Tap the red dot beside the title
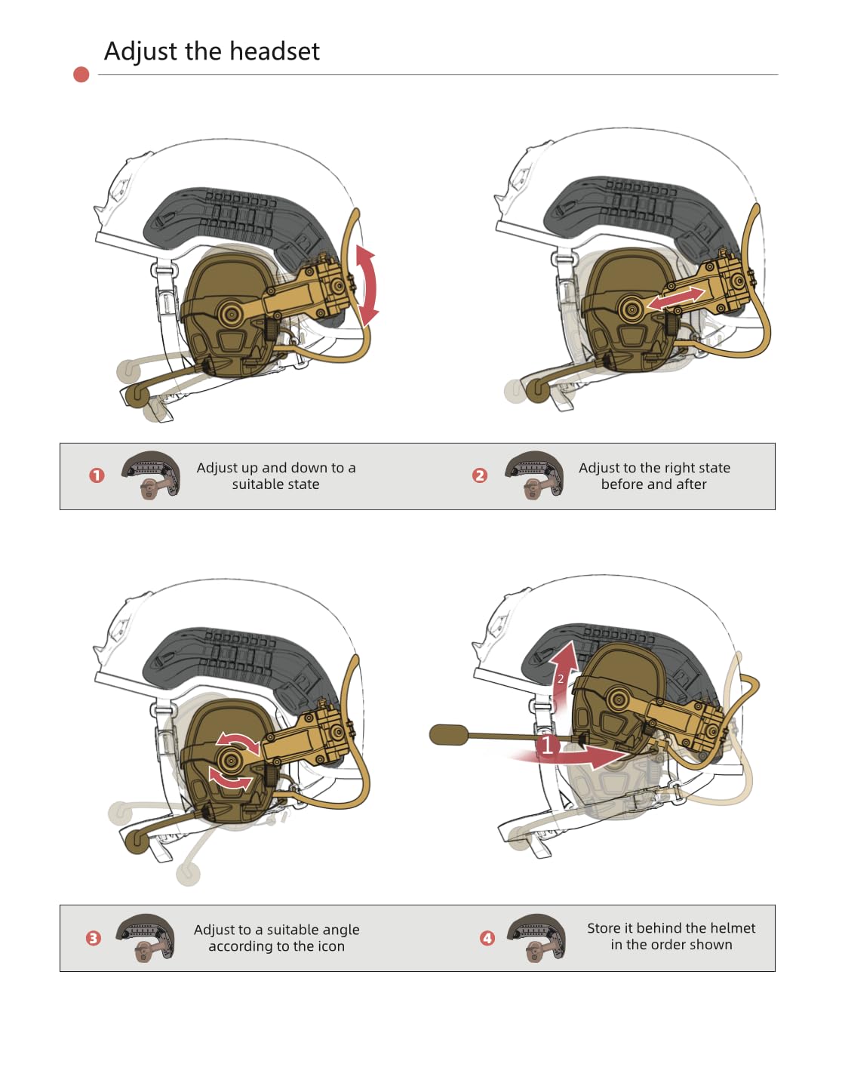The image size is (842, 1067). (x=81, y=74)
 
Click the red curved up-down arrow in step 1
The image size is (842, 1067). (x=367, y=285)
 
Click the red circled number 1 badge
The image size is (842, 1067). (x=97, y=475)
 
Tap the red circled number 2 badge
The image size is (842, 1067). (x=480, y=475)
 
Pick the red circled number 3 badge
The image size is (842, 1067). (x=94, y=938)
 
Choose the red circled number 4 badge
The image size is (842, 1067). (x=487, y=938)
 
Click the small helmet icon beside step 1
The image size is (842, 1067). (x=152, y=475)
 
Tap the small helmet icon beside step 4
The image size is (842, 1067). (x=536, y=938)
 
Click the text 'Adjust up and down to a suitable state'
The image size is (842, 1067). (x=276, y=476)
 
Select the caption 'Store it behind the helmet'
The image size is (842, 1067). (x=671, y=928)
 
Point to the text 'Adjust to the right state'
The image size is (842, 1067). (x=654, y=468)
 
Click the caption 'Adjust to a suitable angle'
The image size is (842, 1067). (x=276, y=930)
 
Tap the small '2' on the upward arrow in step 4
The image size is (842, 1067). (x=561, y=678)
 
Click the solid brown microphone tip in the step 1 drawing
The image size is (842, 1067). (x=137, y=395)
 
